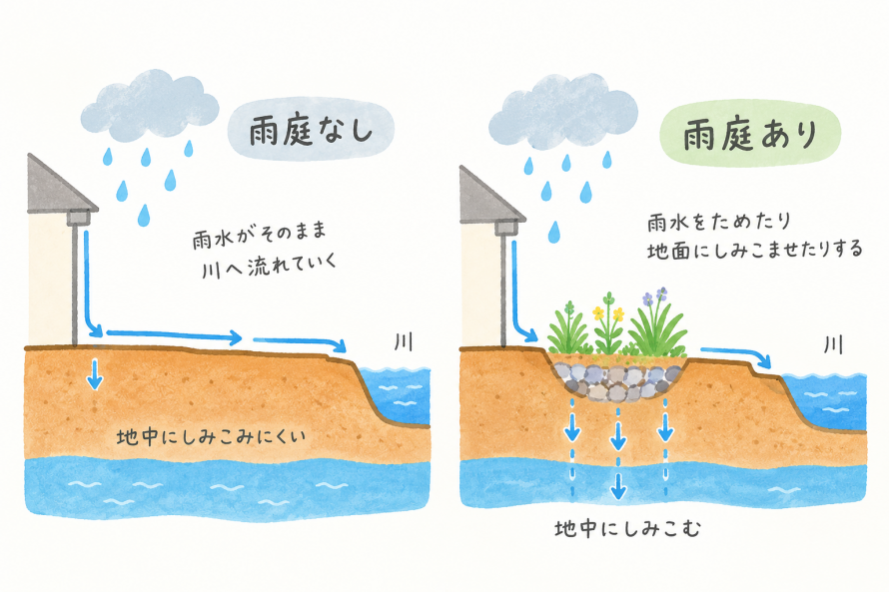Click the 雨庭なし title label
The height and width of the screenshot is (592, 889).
click(x=311, y=131)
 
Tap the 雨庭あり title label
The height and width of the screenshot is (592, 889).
click(x=750, y=135)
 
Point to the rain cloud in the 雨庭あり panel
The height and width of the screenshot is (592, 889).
click(x=563, y=111)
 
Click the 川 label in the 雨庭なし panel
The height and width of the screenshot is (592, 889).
click(x=404, y=341)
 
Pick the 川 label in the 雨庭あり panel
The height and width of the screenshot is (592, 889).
click(x=833, y=344)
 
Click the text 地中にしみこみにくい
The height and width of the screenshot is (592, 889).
click(x=211, y=437)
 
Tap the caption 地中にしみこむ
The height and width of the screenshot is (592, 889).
click(x=628, y=528)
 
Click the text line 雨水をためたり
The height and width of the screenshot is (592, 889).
click(x=719, y=222)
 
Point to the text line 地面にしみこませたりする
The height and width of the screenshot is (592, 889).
click(x=754, y=250)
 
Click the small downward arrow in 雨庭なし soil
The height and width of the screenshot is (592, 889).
click(x=95, y=374)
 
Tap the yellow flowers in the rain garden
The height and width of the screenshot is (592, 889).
click(x=608, y=312)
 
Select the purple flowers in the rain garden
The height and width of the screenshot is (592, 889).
click(x=654, y=296)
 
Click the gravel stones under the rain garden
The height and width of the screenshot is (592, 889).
click(x=617, y=380)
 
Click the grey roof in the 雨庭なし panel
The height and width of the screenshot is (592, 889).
click(x=60, y=184)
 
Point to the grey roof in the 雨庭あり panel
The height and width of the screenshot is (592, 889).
click(x=490, y=194)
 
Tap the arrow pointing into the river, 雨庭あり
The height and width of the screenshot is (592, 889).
click(x=736, y=356)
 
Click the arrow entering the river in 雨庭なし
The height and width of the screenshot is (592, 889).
click(x=300, y=343)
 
